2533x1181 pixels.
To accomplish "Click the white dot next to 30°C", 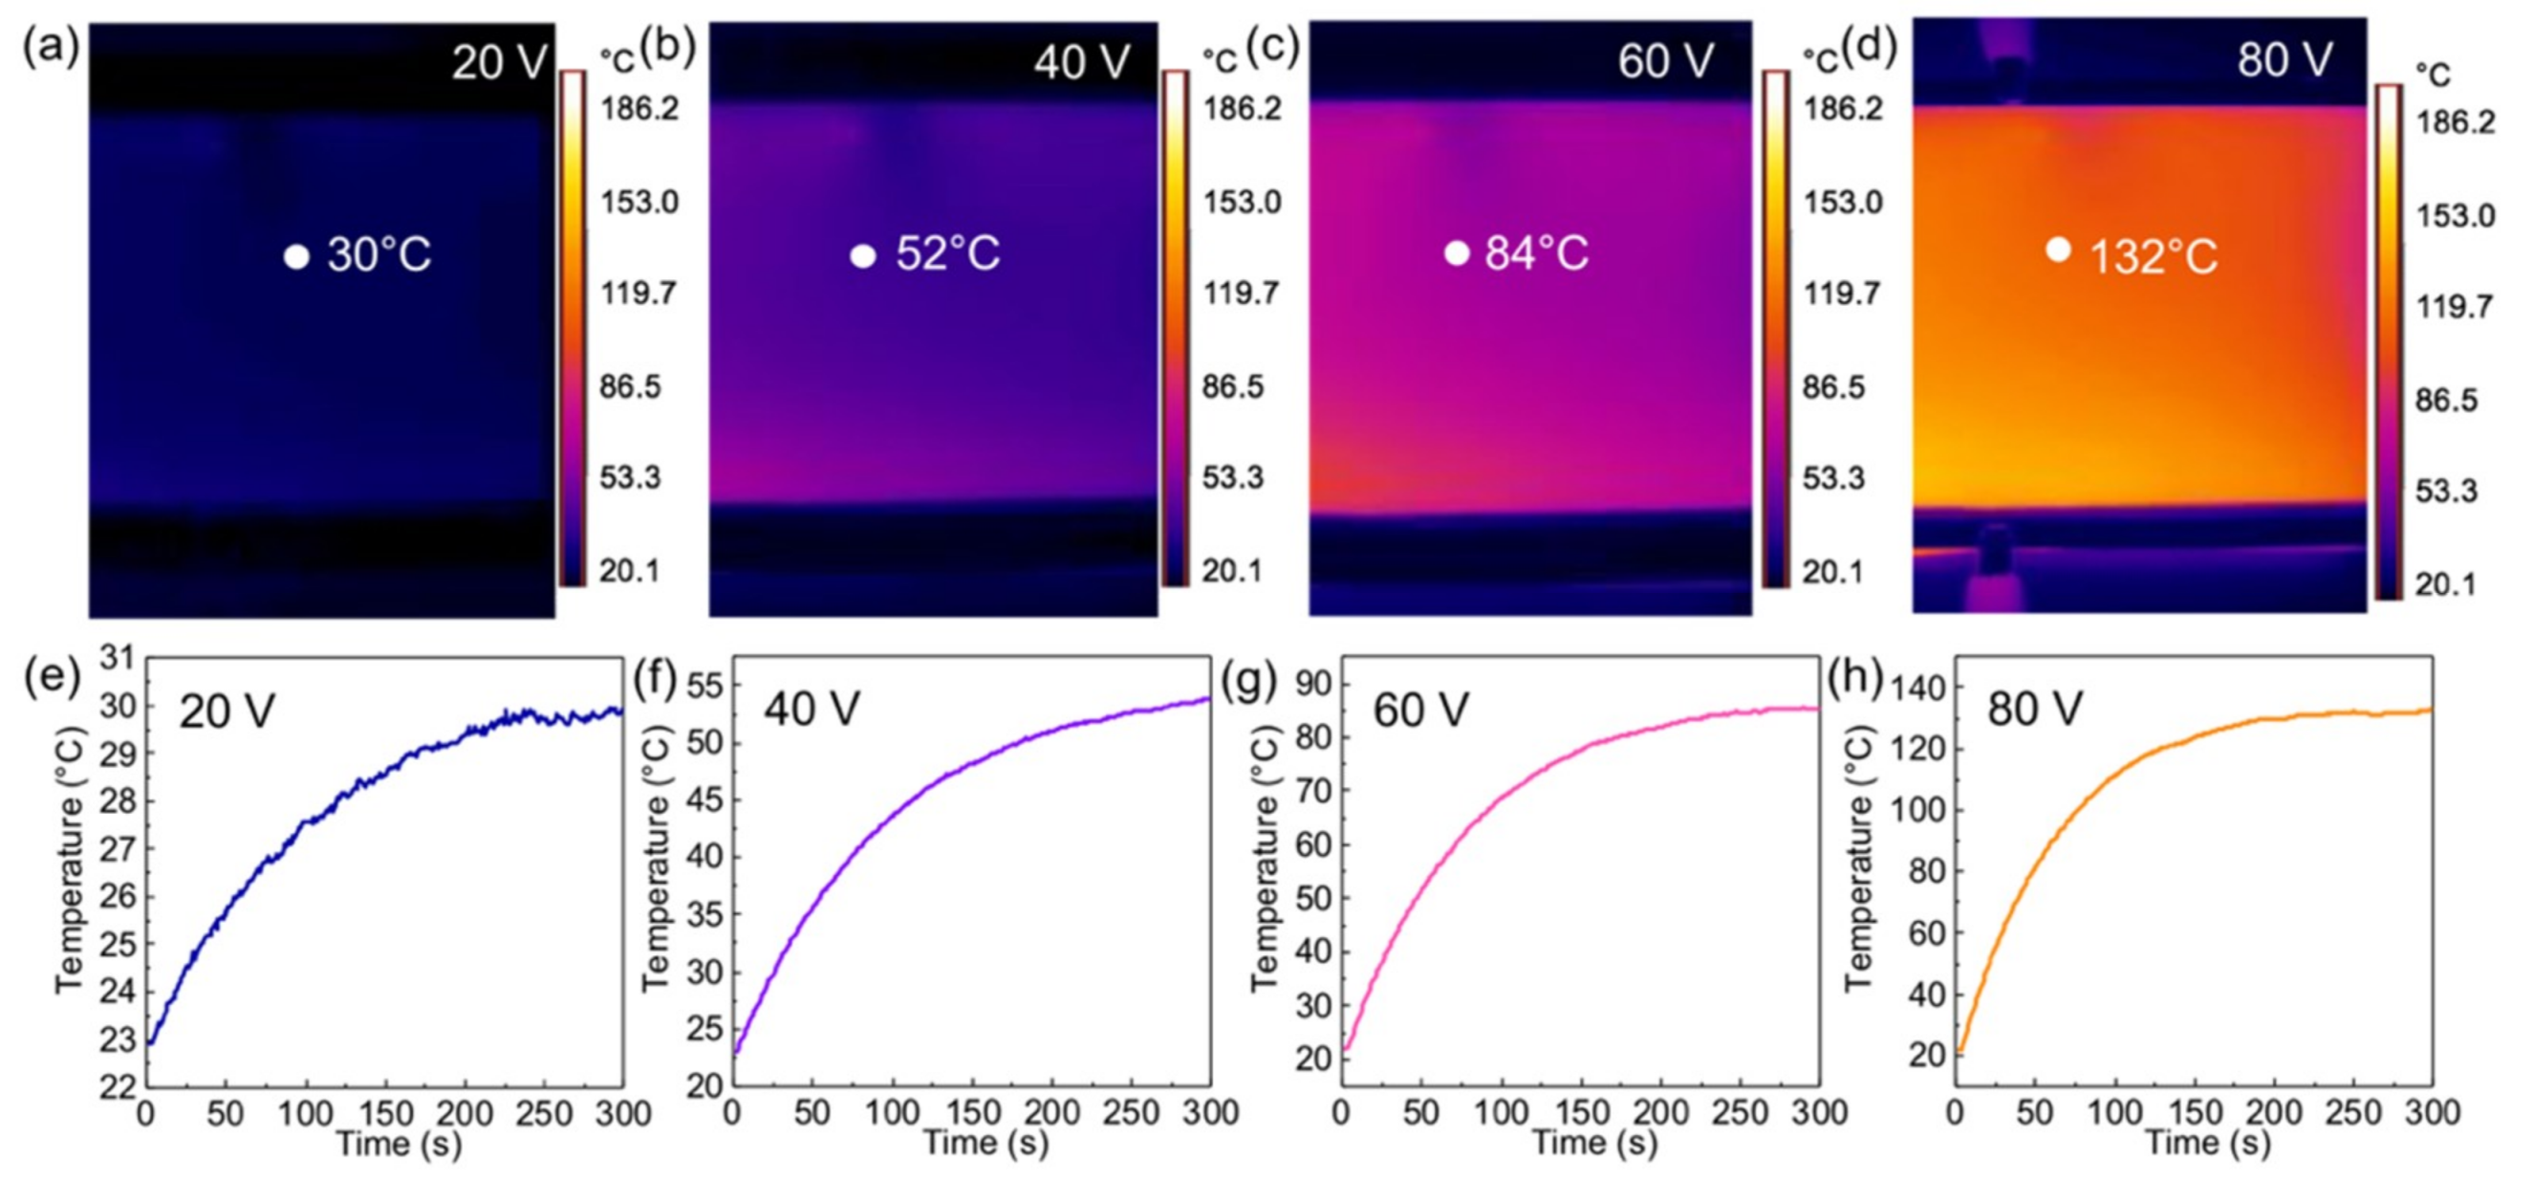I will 296,256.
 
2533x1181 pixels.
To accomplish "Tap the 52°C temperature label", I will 947,253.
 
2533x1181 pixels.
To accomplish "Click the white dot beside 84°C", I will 1457,253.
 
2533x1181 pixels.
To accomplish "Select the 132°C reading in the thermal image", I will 2153,257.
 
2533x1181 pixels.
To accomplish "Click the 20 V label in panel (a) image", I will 499,62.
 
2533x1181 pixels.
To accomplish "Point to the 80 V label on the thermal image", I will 2284,60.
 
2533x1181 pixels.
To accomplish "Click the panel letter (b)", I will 668,46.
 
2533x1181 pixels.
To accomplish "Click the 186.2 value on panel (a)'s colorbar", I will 640,108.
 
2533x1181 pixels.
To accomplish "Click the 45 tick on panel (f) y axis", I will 703,799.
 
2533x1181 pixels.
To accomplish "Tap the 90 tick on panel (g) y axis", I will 1312,684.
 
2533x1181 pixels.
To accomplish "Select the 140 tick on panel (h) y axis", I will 1916,689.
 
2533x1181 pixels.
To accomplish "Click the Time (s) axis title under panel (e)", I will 399,1144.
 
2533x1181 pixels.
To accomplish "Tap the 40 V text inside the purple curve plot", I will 812,708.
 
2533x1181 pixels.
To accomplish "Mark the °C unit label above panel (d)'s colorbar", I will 2433,75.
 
